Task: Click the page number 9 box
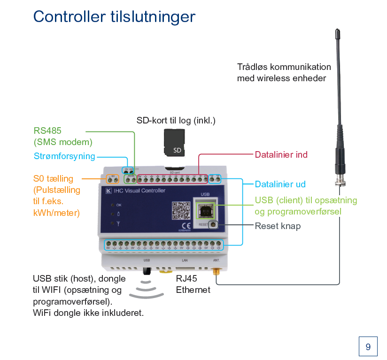[x=368, y=346]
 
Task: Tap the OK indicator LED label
[x=118, y=205]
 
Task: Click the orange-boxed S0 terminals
[x=113, y=179]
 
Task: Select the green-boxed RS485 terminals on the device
[x=130, y=179]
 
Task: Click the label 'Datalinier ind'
[x=281, y=154]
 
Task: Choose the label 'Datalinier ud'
[x=280, y=184]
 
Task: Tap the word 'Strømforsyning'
[x=64, y=156]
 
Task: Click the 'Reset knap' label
[x=278, y=226]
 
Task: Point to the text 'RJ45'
[x=186, y=278]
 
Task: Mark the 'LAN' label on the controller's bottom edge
[x=184, y=260]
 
